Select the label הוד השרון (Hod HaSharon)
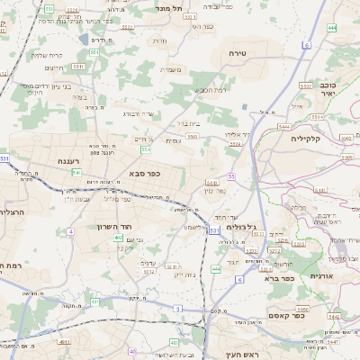[x=115, y=227]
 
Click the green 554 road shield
[x=145, y=148]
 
